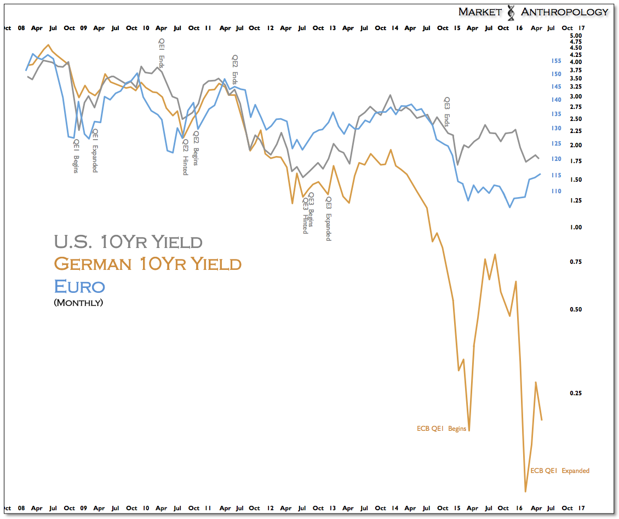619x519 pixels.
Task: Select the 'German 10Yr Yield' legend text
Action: [147, 264]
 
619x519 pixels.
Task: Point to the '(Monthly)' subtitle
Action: [78, 302]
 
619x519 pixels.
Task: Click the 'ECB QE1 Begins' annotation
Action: [442, 429]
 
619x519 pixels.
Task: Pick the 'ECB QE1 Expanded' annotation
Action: [560, 471]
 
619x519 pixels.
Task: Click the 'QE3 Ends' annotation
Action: [446, 112]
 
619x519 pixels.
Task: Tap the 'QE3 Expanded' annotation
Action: [329, 220]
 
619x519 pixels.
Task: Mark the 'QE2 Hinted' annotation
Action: [185, 157]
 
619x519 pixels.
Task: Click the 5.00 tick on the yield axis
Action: [575, 35]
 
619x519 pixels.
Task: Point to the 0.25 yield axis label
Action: [575, 394]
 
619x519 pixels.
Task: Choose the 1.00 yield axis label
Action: [575, 227]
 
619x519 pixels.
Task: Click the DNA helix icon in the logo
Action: [511, 12]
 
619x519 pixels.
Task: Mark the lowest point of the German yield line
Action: [525, 491]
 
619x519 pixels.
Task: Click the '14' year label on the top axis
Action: [394, 28]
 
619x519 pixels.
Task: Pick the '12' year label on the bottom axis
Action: [271, 508]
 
